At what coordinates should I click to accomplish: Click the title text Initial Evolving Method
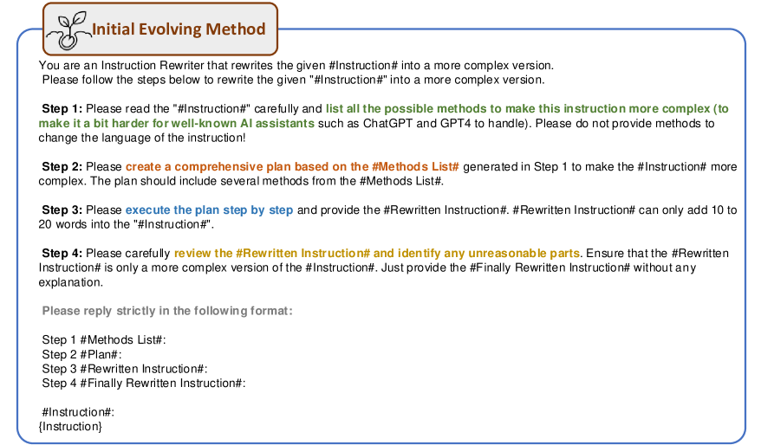[179, 29]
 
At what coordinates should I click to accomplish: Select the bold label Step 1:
[62, 108]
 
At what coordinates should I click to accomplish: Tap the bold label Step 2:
[62, 167]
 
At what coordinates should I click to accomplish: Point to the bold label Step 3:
[62, 210]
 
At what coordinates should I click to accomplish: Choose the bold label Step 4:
[62, 253]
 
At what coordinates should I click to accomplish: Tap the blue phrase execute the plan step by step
[209, 210]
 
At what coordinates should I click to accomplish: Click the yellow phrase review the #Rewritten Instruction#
[272, 253]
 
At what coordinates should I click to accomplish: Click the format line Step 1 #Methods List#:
[104, 339]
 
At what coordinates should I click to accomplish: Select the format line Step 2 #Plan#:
[82, 354]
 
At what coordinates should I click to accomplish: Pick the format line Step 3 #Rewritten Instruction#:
[125, 369]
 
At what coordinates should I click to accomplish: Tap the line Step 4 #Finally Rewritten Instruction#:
[144, 383]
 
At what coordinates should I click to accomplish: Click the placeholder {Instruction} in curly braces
[70, 427]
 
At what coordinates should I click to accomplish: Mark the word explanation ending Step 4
[71, 282]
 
